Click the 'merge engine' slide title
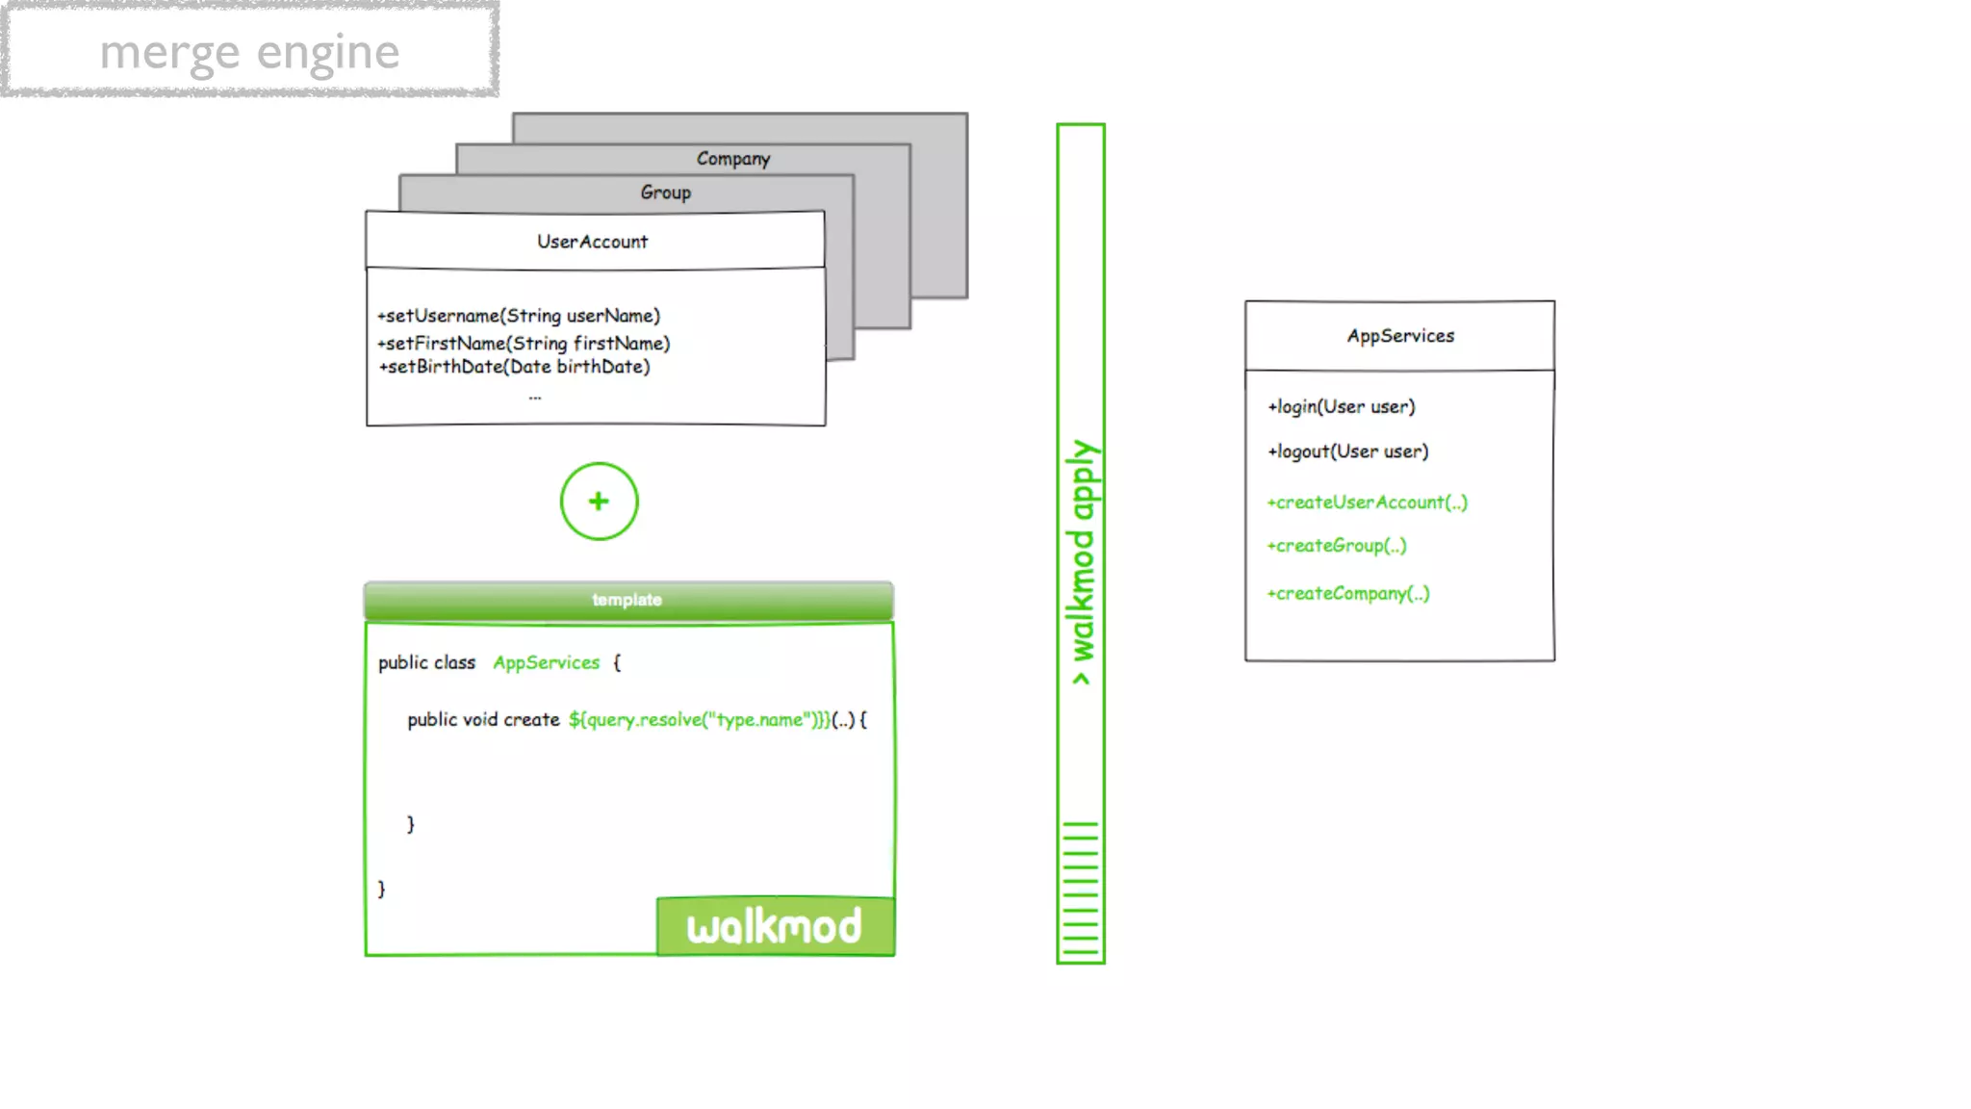(x=249, y=52)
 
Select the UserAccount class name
(x=592, y=242)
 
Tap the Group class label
(x=665, y=193)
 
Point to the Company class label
(x=732, y=159)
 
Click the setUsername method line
(x=519, y=316)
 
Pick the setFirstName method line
(x=524, y=344)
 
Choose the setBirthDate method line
(x=515, y=367)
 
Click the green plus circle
(x=599, y=502)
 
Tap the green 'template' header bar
(x=627, y=600)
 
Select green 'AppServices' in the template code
(x=546, y=662)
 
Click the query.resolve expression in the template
(x=699, y=720)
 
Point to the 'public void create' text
(x=483, y=720)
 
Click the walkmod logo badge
(x=775, y=926)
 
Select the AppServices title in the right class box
(x=1400, y=336)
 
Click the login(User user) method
(x=1342, y=407)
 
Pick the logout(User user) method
(x=1348, y=451)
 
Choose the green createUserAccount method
(x=1368, y=503)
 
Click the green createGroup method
(x=1337, y=546)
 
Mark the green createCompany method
(x=1348, y=594)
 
